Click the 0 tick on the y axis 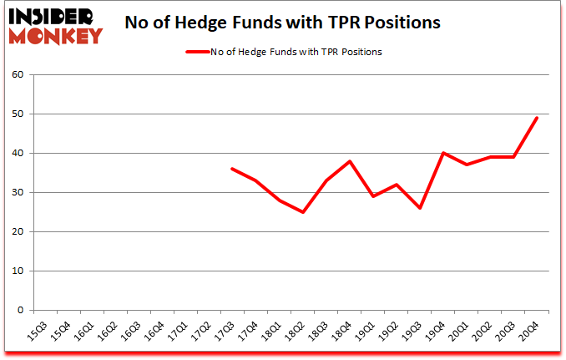tap(20, 310)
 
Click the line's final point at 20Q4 tap(536, 118)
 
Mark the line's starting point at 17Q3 tap(231, 169)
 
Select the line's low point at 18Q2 tap(303, 212)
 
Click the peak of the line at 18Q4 tap(350, 161)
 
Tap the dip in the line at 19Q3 tap(420, 208)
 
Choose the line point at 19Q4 tap(443, 153)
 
